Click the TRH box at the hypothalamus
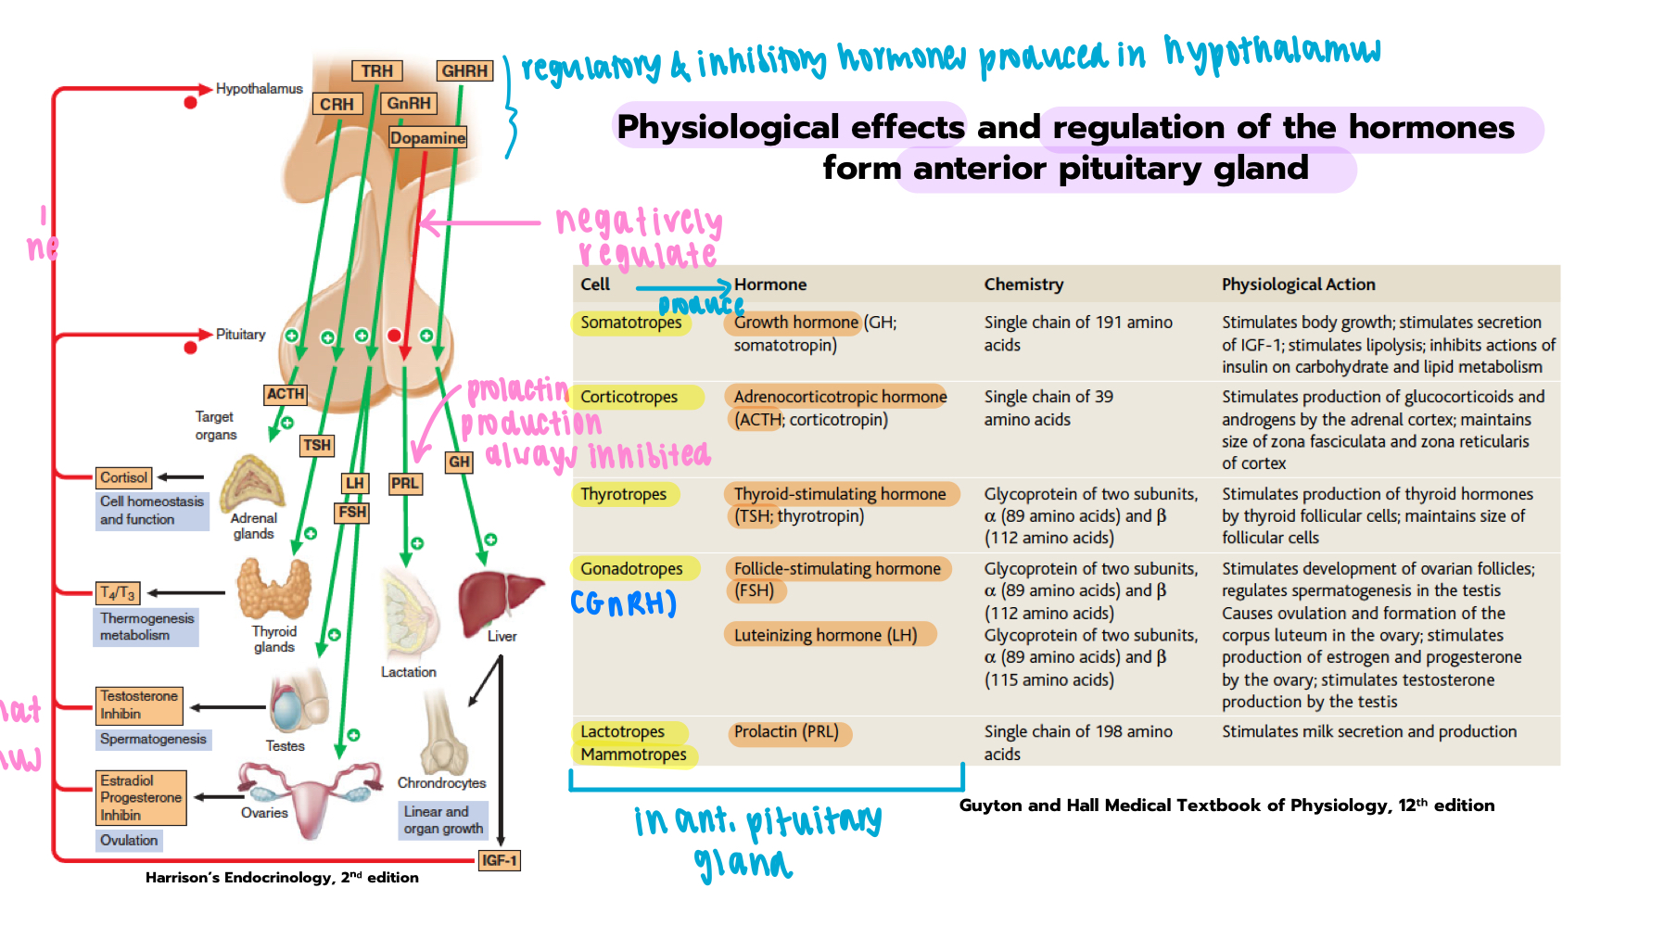click(x=377, y=71)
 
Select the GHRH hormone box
click(x=464, y=71)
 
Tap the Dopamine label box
click(x=427, y=138)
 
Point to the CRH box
click(x=337, y=105)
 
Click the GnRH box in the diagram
click(x=409, y=104)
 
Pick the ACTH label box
click(x=286, y=394)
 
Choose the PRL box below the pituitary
click(x=405, y=483)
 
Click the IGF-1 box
click(x=499, y=860)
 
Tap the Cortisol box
click(x=124, y=477)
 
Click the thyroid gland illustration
click(x=273, y=590)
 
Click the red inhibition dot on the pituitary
click(x=394, y=336)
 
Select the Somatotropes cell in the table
click(x=631, y=323)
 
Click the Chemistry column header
click(x=1023, y=285)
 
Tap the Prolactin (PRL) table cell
click(x=786, y=732)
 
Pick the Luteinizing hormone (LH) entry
click(x=826, y=635)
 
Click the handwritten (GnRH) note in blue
click(x=623, y=603)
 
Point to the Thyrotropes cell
click(x=624, y=494)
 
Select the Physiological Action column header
click(x=1298, y=285)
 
